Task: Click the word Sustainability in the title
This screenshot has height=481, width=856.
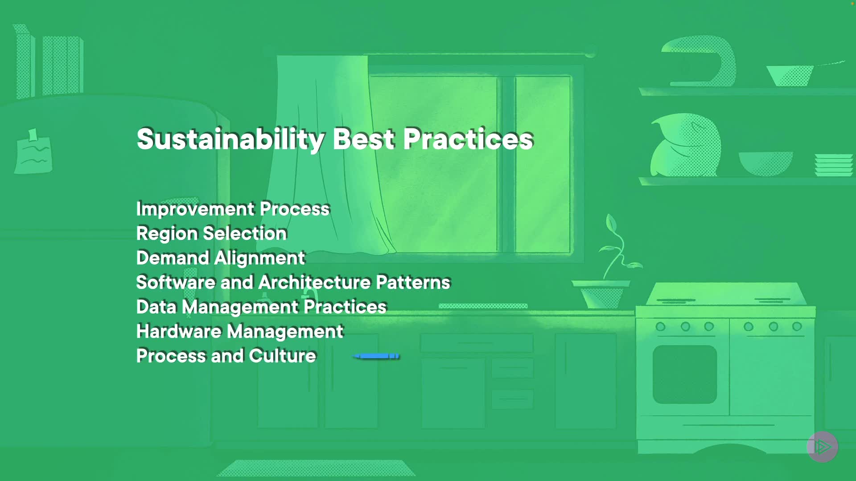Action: click(x=231, y=139)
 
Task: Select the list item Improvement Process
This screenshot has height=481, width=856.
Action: click(x=233, y=209)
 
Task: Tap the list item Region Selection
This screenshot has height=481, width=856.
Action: click(x=211, y=233)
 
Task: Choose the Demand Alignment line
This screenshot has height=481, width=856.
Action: click(x=221, y=258)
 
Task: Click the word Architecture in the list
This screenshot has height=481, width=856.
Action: click(x=315, y=282)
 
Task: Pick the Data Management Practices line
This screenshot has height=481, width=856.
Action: click(x=261, y=307)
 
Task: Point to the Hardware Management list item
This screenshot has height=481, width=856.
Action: click(x=240, y=331)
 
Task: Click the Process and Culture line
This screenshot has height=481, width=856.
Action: click(x=226, y=356)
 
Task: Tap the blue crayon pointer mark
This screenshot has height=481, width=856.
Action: click(x=376, y=356)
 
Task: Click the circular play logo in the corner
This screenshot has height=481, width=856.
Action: click(x=823, y=446)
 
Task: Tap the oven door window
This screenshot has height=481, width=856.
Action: click(x=685, y=374)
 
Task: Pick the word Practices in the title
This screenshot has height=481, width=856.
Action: click(x=468, y=139)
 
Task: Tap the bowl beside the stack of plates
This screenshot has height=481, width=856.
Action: click(x=765, y=163)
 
